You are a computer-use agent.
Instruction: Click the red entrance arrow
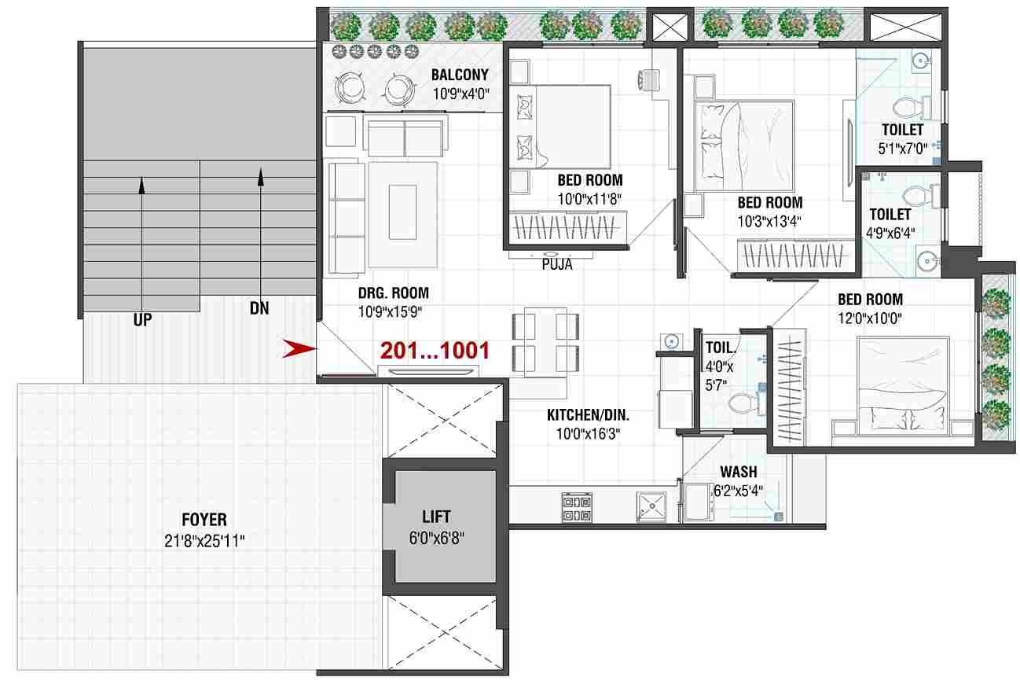click(299, 348)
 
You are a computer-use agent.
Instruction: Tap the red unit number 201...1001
click(435, 351)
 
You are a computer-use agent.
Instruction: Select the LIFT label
click(436, 517)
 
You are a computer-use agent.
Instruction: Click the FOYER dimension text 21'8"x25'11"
click(204, 541)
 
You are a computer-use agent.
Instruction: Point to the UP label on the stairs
click(142, 320)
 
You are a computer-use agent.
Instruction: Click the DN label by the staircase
click(259, 308)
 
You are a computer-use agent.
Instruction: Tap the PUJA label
click(557, 264)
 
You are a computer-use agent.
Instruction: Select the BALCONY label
click(460, 75)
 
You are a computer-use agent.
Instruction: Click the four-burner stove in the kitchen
click(577, 507)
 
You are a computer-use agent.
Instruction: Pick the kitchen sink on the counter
click(651, 506)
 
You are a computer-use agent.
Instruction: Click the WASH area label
click(739, 471)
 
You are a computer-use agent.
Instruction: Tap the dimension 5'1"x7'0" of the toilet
click(902, 149)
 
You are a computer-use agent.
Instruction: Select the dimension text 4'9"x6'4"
click(890, 233)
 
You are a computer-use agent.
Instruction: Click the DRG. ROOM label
click(394, 293)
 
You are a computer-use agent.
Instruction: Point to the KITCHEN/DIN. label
click(588, 414)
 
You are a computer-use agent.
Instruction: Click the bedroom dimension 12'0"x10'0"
click(870, 318)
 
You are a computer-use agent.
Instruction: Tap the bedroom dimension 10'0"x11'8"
click(589, 199)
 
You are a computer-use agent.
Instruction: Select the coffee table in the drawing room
click(402, 212)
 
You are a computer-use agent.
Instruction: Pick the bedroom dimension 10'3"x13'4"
click(769, 221)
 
